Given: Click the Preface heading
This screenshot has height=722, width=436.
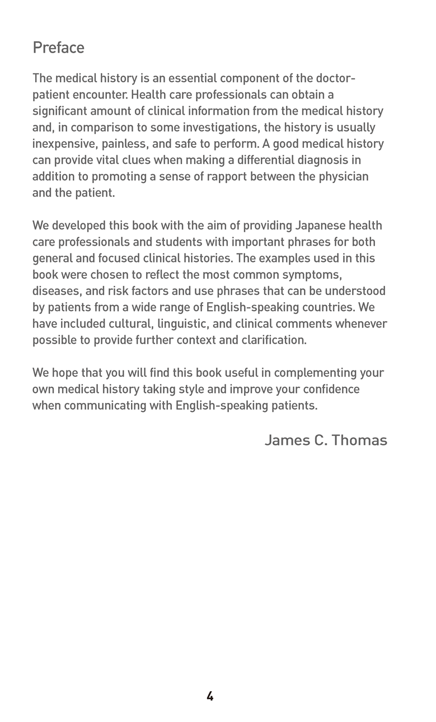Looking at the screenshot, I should (x=58, y=48).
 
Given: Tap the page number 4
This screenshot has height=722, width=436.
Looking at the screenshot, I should (x=210, y=696).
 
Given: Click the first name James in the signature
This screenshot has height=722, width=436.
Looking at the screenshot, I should (x=287, y=440).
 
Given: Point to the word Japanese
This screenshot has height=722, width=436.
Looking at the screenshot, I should (x=319, y=226).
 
